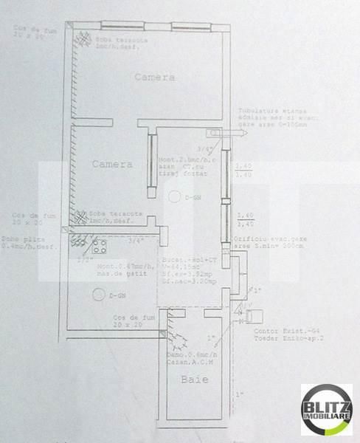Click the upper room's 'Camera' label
(x=155, y=77)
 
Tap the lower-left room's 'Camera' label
(x=112, y=164)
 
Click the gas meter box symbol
(x=252, y=317)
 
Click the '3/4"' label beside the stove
(x=134, y=241)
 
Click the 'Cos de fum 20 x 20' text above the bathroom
(x=134, y=320)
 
